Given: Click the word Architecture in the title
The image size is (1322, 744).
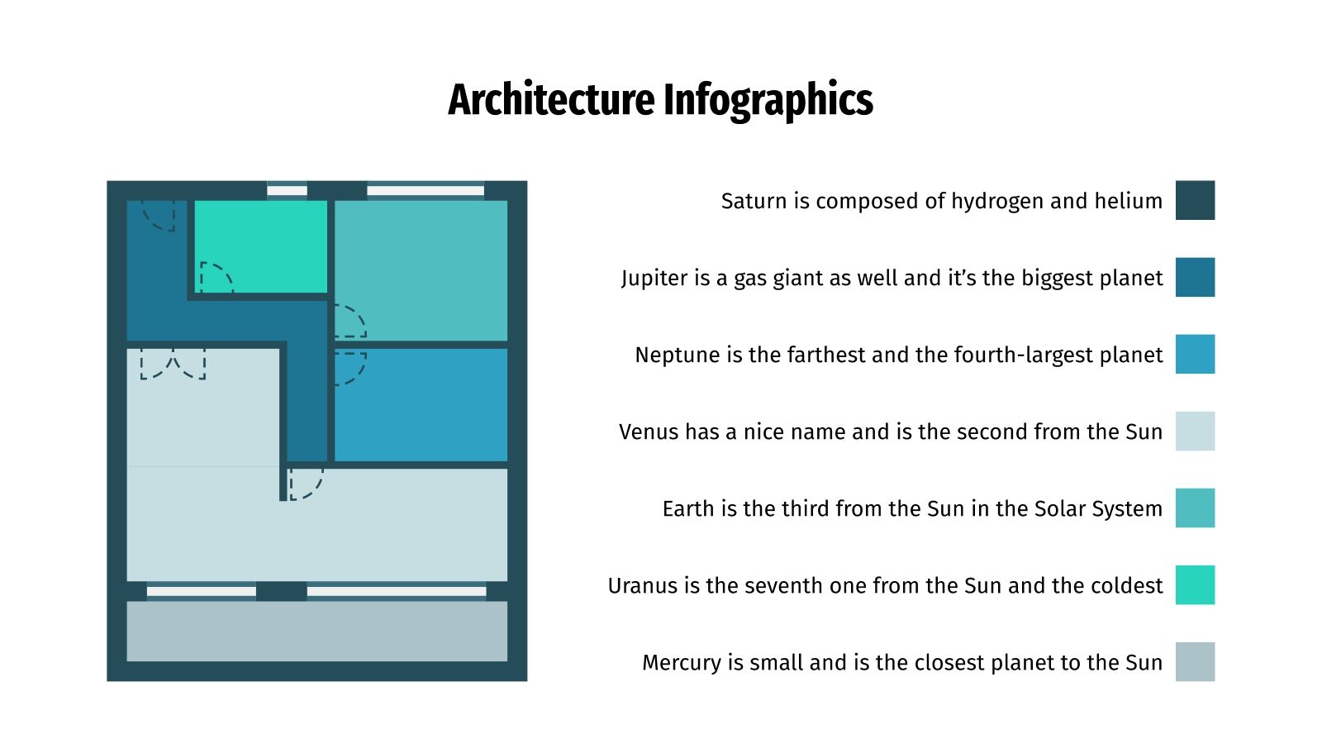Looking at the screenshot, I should point(551,100).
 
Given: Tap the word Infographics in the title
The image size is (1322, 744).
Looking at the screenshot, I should point(768,100).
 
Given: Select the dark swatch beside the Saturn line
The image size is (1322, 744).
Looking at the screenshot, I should point(1195,200).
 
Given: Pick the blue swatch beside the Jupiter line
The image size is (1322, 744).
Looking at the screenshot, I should point(1195,277).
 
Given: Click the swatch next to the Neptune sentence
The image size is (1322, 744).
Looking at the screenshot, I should point(1195,354).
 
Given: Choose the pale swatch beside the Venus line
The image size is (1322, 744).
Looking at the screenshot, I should point(1195,431).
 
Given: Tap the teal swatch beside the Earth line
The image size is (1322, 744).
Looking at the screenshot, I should point(1195,508).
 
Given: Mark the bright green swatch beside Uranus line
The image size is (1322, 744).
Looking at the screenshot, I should point(1195,584).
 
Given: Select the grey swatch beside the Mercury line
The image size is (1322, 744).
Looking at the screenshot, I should point(1195,661).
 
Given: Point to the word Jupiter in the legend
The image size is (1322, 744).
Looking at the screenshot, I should point(654,278).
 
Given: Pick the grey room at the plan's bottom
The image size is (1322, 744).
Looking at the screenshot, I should point(316,631).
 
